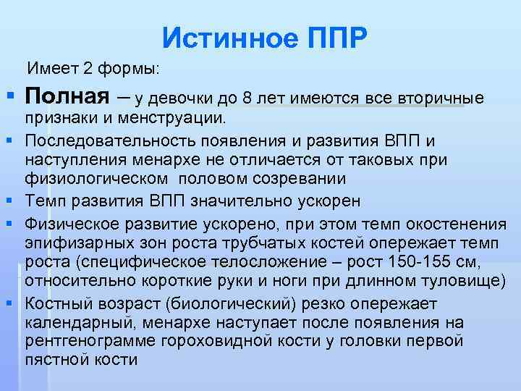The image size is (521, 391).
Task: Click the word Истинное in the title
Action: coord(226,35)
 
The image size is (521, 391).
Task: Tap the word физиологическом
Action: coord(101,177)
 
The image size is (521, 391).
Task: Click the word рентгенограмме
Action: coord(85,341)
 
